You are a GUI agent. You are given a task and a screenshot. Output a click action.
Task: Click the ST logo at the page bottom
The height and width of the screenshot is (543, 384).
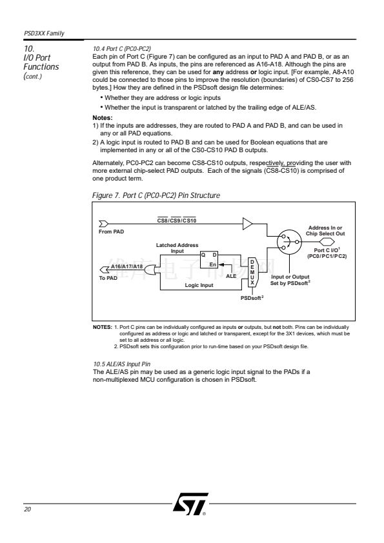[x=190, y=504]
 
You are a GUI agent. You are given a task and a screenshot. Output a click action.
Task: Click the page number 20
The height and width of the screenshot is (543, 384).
[x=27, y=509]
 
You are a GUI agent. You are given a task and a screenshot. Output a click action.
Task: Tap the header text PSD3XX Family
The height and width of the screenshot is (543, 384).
[x=44, y=34]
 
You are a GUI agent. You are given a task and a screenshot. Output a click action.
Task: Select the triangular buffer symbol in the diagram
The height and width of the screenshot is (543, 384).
[x=247, y=224]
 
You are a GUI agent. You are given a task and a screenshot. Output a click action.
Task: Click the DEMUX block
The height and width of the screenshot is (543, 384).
[x=252, y=272]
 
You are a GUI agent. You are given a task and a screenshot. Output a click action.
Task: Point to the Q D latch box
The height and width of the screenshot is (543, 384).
[x=209, y=260]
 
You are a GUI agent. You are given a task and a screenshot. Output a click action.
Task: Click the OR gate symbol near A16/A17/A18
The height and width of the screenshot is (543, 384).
[x=150, y=270]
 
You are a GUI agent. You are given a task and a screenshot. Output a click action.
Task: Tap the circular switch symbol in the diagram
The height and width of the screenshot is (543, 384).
[x=289, y=242]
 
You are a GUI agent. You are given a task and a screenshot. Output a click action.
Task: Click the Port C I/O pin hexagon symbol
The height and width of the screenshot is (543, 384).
[x=327, y=241]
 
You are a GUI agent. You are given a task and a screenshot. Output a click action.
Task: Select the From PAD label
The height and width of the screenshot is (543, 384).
[x=111, y=232]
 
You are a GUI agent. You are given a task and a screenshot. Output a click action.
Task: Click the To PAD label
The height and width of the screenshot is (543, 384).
[x=108, y=278]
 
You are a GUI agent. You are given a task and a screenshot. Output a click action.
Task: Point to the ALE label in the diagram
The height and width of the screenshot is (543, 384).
[x=231, y=276]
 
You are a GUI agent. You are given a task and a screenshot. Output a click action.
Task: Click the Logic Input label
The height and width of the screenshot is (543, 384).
[x=199, y=285]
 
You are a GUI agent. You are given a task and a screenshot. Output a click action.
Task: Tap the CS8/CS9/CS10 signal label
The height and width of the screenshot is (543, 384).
[x=177, y=221]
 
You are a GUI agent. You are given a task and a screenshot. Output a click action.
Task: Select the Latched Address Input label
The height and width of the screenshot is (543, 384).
[x=177, y=248]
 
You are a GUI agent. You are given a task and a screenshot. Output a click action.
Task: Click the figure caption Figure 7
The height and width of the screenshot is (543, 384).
[x=156, y=195]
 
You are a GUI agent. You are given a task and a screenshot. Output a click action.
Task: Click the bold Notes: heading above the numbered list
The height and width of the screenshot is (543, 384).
[x=103, y=118]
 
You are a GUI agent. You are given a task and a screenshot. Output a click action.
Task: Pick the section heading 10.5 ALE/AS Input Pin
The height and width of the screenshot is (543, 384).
[x=121, y=364]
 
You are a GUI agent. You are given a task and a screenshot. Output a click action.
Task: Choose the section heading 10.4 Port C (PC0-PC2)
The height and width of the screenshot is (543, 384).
[x=121, y=49]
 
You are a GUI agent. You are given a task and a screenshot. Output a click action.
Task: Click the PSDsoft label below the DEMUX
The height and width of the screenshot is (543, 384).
[x=252, y=298]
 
